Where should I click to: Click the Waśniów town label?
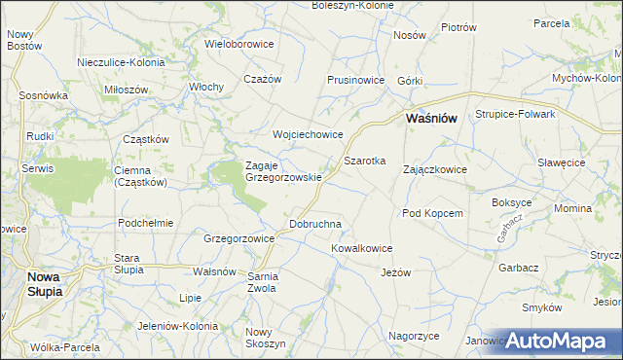coord(430,119)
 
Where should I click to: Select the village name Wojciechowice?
coord(309,135)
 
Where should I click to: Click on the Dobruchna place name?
coord(316,225)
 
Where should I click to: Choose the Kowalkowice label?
coord(361,249)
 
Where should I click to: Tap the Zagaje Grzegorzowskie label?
coord(282,171)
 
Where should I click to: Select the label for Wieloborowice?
coord(239,44)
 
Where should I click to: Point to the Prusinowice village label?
coord(358,80)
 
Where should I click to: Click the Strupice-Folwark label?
coord(515,114)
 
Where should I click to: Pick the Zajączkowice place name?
coord(435,169)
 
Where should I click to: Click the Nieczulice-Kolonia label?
coord(122,63)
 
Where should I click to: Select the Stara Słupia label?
coord(128,264)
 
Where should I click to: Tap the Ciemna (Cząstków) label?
coord(141,175)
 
